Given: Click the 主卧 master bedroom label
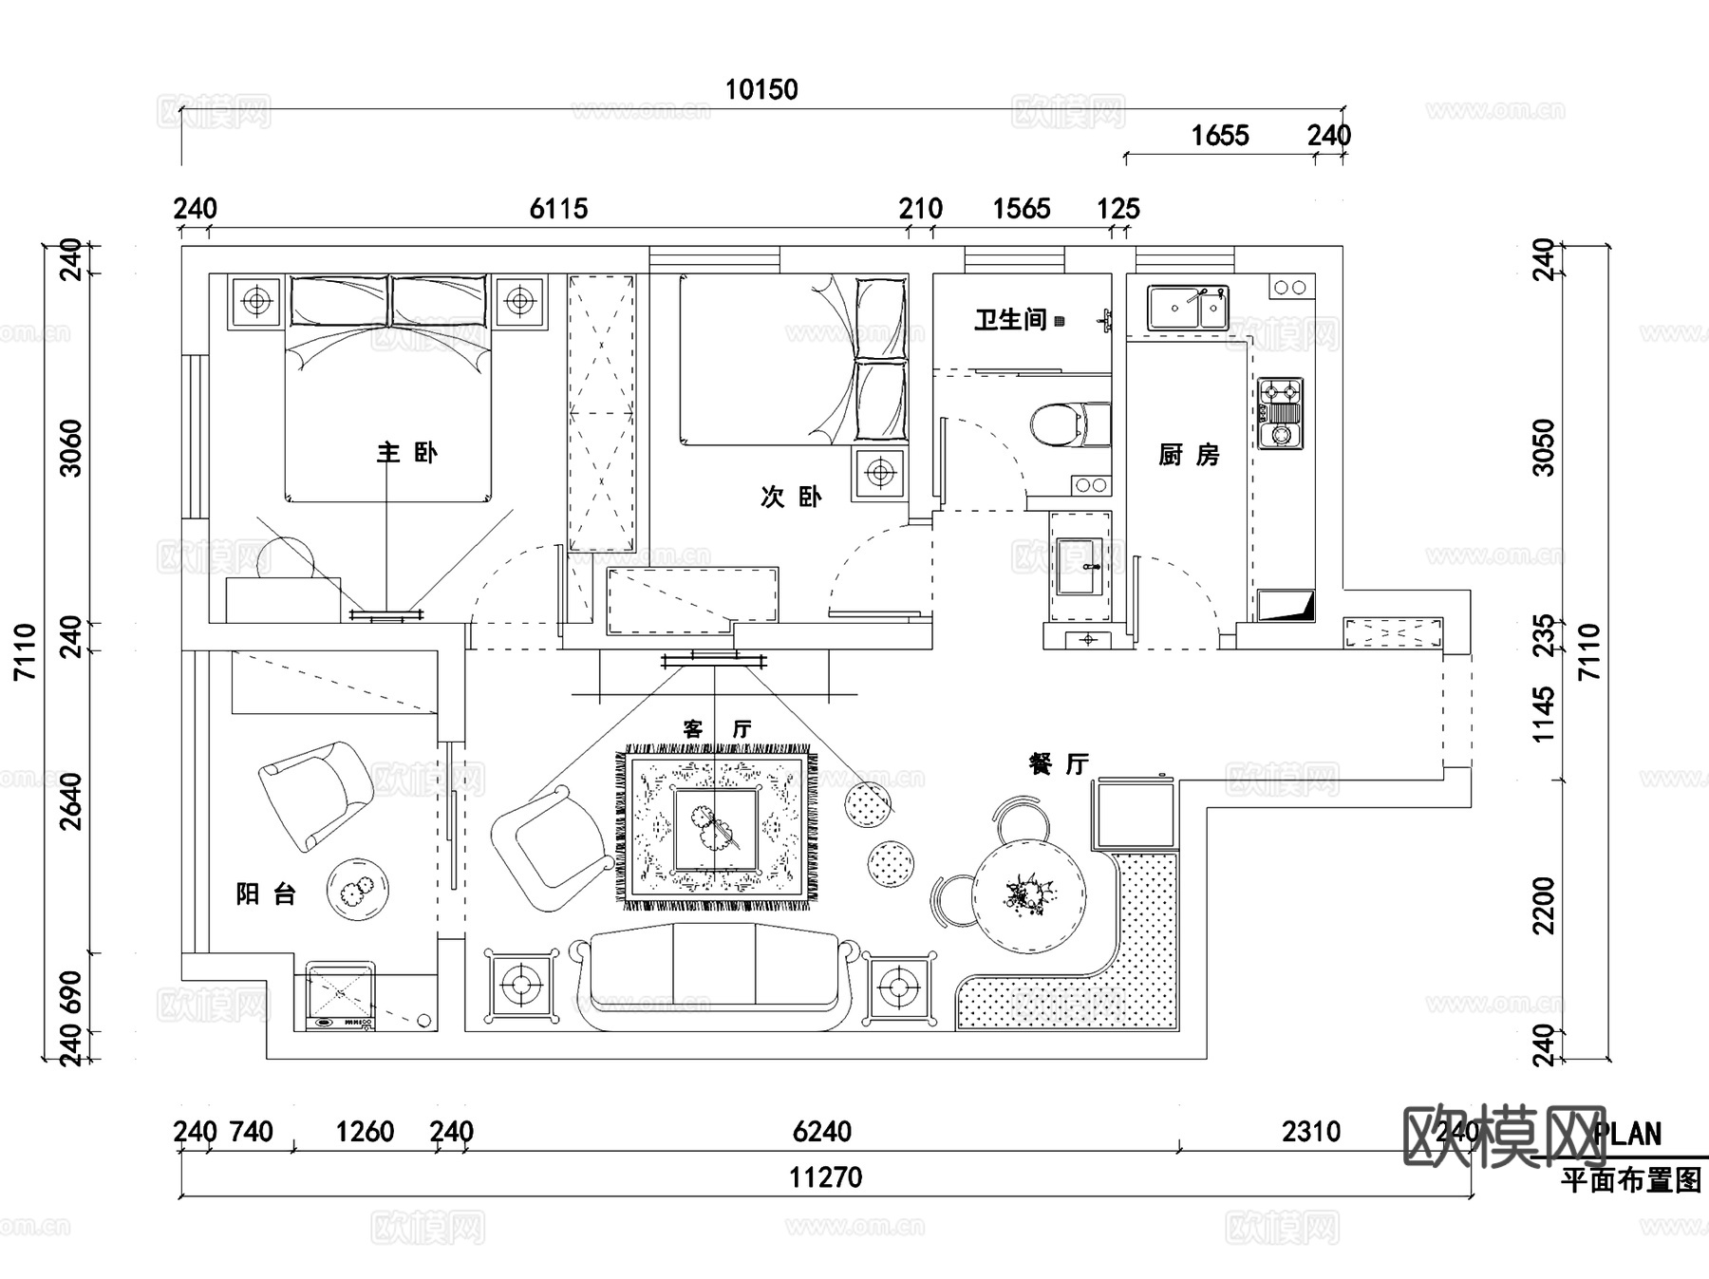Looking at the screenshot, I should (x=406, y=453).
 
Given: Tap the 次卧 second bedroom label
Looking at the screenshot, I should (x=790, y=497).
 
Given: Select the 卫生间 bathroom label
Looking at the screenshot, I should (x=1010, y=320).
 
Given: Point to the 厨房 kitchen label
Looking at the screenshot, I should (x=1189, y=456).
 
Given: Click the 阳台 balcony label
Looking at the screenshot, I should (x=266, y=894).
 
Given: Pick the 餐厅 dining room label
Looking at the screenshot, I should (x=1059, y=764).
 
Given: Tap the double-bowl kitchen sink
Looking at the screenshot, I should (x=1187, y=308).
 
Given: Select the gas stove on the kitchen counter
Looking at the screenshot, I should (x=1281, y=414).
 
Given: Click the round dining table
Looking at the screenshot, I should (x=1028, y=895).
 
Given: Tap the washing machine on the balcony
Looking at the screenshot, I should (x=340, y=996).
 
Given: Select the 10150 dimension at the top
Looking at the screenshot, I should (x=761, y=90).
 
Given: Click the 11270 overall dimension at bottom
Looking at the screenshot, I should (x=825, y=1178).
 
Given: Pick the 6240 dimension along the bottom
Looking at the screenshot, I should (x=821, y=1132).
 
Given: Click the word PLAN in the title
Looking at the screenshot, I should (x=1627, y=1135).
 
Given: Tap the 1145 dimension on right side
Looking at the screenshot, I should (x=1545, y=714).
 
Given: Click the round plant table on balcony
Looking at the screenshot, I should (x=357, y=890).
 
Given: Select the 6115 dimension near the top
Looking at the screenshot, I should (x=558, y=209).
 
